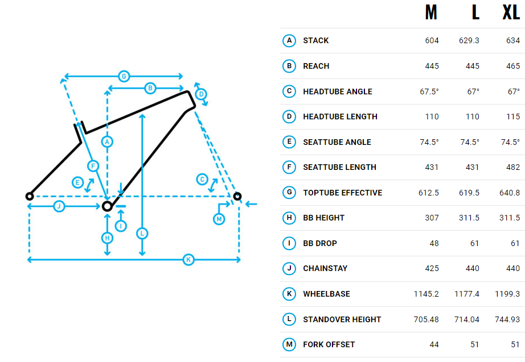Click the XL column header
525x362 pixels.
pos(511,13)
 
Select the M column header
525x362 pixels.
pos(431,13)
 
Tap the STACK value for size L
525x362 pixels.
pos(469,40)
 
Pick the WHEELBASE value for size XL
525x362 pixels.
pos(507,294)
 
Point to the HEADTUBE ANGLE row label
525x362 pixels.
pos(337,91)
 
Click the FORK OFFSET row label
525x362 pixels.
pos(329,344)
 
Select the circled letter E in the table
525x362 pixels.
pos(289,142)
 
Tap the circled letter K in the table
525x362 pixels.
pos(289,294)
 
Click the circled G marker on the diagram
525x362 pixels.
pos(123,76)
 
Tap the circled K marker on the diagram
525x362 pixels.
pos(188,260)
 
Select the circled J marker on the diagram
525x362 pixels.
pos(59,206)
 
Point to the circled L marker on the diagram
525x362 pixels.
pos(142,233)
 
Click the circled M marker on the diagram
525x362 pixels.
pos(219,219)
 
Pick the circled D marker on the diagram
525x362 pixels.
pos(200,94)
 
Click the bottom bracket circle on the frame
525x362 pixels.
pos(107,206)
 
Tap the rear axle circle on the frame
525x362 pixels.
pos(30,196)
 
